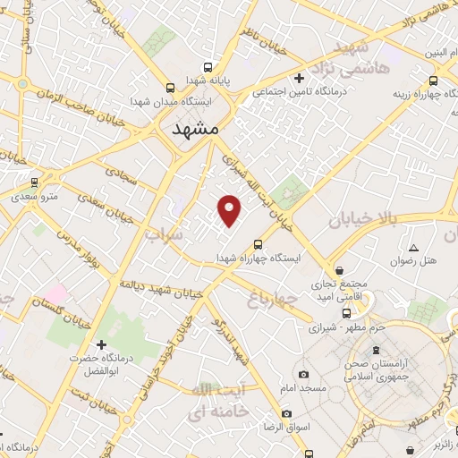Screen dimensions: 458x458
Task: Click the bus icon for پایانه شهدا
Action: [x=208, y=66]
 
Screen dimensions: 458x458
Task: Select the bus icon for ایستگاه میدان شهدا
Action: [x=171, y=88]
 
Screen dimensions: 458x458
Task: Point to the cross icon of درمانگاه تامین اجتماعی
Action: [x=300, y=78]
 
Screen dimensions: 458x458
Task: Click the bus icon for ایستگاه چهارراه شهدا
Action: [x=259, y=243]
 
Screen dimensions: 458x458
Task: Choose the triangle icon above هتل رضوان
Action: [x=413, y=248]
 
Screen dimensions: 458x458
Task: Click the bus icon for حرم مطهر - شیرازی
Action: [x=347, y=314]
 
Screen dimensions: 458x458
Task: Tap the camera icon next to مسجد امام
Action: [x=303, y=373]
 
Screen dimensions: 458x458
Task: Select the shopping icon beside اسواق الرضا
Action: [x=286, y=413]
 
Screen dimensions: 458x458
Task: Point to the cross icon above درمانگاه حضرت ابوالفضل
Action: [x=101, y=344]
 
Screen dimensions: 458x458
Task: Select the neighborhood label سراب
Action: [x=165, y=234]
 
